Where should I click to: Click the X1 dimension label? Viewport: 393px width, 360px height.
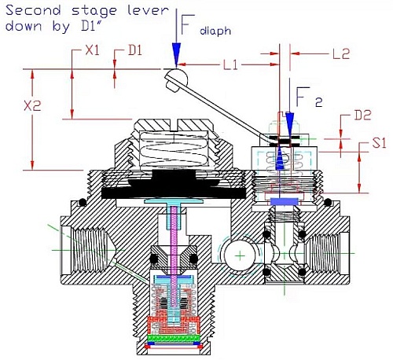coord(93,50)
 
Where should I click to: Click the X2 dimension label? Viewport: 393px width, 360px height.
coord(32,106)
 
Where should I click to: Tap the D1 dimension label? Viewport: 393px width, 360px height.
coord(135,50)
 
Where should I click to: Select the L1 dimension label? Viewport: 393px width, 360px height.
coord(230,64)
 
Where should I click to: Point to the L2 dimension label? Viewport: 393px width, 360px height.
coord(341,53)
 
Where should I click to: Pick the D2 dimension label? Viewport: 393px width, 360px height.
coord(362,116)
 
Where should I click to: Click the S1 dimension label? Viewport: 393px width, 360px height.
coord(379,143)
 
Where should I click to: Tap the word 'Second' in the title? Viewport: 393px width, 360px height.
coord(33,10)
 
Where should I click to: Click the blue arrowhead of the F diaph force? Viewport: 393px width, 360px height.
coord(176,53)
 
